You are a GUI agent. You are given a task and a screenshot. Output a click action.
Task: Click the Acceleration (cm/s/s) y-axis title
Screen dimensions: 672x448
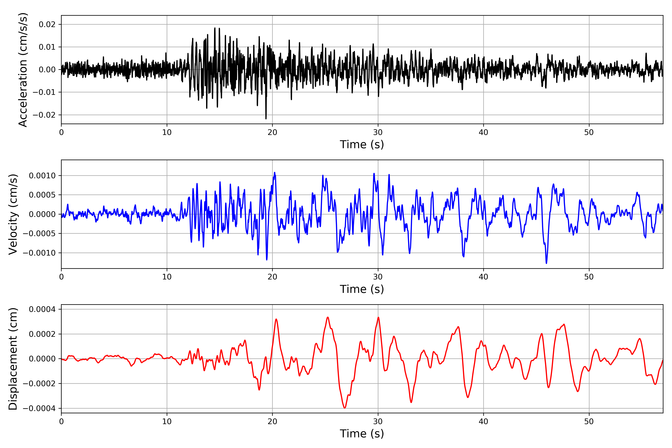[x=23, y=70]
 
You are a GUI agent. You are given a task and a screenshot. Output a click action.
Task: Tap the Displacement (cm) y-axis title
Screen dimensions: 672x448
[x=13, y=359]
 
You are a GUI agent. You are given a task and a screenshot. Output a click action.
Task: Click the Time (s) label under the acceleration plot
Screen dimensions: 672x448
[x=362, y=144]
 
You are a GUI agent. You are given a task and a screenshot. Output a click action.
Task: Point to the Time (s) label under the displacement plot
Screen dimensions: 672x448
[x=362, y=434]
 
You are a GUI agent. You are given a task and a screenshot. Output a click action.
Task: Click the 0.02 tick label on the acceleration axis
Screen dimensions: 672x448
[x=47, y=25]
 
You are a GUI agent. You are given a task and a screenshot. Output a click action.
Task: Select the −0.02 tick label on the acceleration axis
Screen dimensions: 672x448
[x=44, y=115]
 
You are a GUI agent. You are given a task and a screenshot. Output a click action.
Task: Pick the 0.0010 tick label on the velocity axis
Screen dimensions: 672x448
[x=42, y=176]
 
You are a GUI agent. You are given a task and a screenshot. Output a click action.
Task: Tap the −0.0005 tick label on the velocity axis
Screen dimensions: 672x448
[x=39, y=234]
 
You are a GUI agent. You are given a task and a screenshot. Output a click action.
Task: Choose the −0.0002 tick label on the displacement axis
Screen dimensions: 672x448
[x=39, y=383]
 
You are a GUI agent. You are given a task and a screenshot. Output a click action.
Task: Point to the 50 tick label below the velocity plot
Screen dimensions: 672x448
[x=589, y=277]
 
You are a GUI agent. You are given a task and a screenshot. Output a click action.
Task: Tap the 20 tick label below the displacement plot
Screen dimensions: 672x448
[x=272, y=421]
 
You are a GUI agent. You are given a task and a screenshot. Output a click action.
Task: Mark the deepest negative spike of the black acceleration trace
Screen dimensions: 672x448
[x=266, y=119]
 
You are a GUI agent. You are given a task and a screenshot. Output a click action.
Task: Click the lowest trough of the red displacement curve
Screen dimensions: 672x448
[x=345, y=408]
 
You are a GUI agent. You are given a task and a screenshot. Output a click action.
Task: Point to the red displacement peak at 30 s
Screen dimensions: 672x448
[x=378, y=318]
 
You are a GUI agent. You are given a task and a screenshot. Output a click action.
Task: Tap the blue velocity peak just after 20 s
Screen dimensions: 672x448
[x=275, y=172]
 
